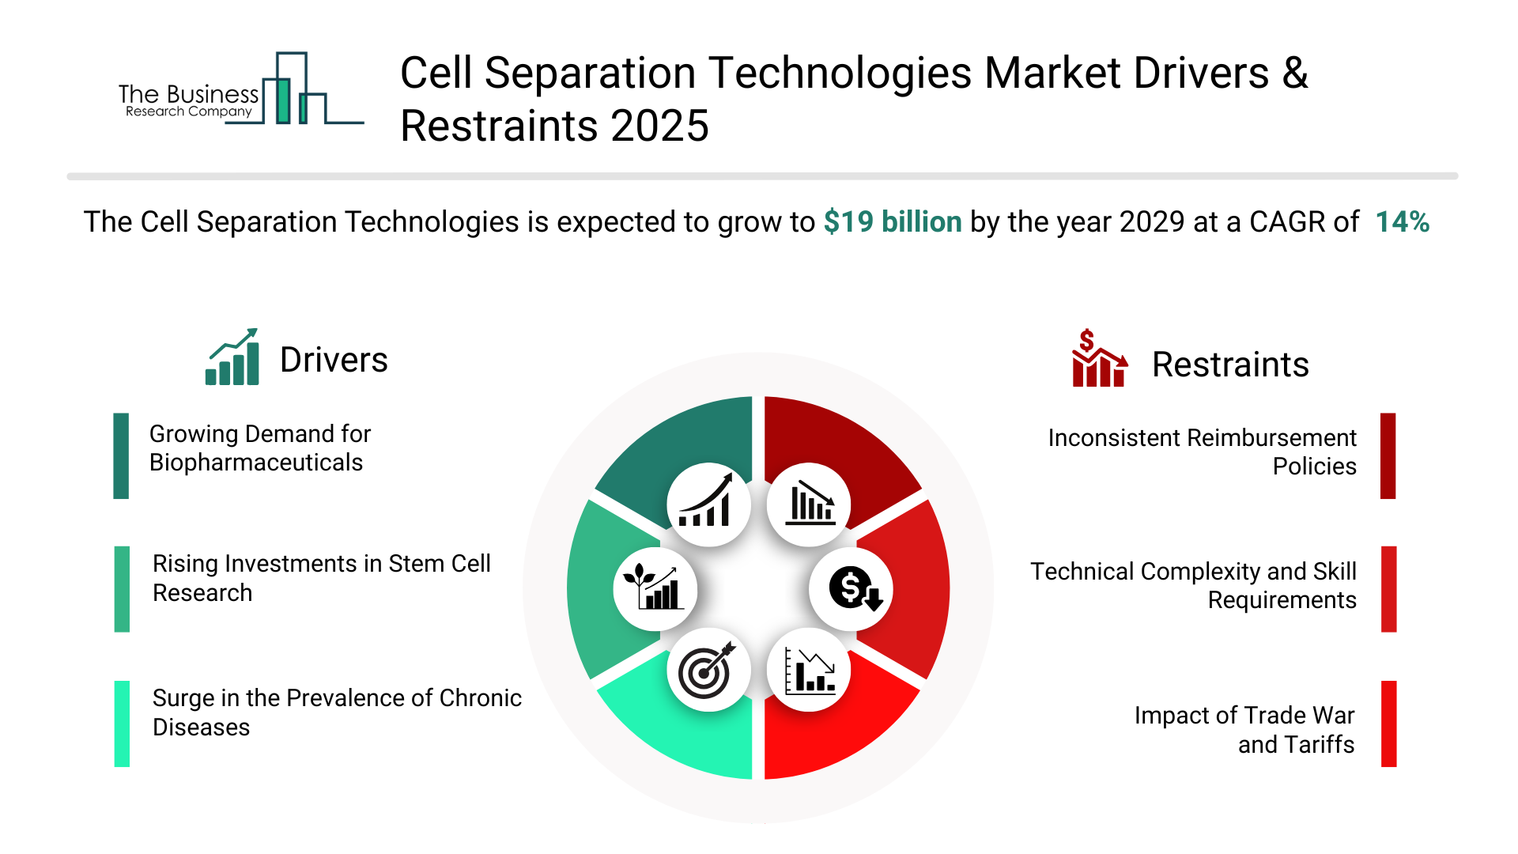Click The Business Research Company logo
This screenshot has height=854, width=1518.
237,91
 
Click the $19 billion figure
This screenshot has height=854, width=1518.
892,222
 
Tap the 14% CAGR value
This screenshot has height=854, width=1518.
1402,222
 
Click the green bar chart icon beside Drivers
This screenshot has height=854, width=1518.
232,357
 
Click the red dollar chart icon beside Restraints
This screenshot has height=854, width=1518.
1098,359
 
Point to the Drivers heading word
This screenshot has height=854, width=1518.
334,361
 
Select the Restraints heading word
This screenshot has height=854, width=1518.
1230,365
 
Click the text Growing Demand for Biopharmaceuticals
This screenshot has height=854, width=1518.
259,448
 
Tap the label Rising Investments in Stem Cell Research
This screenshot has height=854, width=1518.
321,578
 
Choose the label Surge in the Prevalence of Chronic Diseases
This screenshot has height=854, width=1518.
336,712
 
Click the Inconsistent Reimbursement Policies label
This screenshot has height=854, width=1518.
1202,452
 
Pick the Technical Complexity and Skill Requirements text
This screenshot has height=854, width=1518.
1193,586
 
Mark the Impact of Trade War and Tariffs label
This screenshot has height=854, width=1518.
1244,730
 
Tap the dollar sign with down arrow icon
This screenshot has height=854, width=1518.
852,589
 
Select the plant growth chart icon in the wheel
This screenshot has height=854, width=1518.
655,589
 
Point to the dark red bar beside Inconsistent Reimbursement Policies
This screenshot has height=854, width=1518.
1388,455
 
